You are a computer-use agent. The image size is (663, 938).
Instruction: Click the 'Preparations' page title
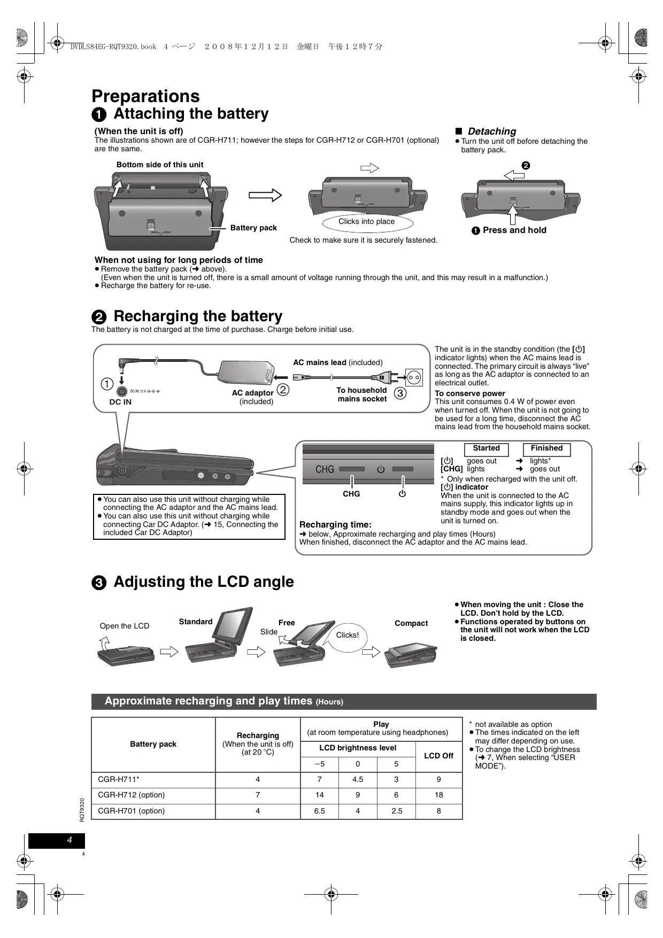[145, 96]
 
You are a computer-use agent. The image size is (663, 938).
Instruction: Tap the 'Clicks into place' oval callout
[367, 222]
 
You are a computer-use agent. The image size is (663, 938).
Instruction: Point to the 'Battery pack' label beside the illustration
[253, 228]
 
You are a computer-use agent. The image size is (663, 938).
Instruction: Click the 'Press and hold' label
[514, 230]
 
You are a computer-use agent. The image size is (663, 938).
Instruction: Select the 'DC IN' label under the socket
[120, 402]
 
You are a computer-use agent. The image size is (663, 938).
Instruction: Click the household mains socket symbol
[413, 377]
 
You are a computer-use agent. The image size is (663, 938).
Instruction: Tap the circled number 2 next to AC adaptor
[283, 390]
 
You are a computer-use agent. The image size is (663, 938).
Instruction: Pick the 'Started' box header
[486, 449]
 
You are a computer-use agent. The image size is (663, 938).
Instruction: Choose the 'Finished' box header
[546, 449]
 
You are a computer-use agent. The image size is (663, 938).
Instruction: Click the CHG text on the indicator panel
[325, 469]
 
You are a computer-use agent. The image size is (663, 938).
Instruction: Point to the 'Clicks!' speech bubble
[348, 635]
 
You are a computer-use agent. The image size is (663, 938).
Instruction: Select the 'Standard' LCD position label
[196, 622]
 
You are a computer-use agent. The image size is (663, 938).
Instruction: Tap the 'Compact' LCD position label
[411, 624]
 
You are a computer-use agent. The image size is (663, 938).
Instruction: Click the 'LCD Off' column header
[438, 756]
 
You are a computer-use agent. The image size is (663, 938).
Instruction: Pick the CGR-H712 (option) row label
[132, 795]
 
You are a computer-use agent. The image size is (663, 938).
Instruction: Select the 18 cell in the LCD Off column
[438, 795]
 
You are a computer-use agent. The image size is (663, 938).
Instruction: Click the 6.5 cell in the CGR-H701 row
[320, 811]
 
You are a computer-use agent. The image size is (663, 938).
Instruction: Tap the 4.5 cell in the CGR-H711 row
[358, 780]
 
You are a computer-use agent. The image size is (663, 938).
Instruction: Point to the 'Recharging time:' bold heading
[335, 525]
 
